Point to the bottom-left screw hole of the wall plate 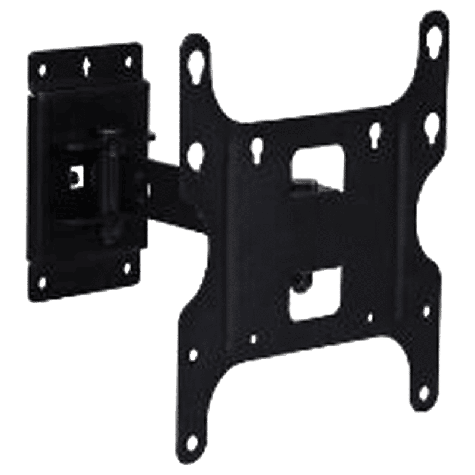(42, 280)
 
